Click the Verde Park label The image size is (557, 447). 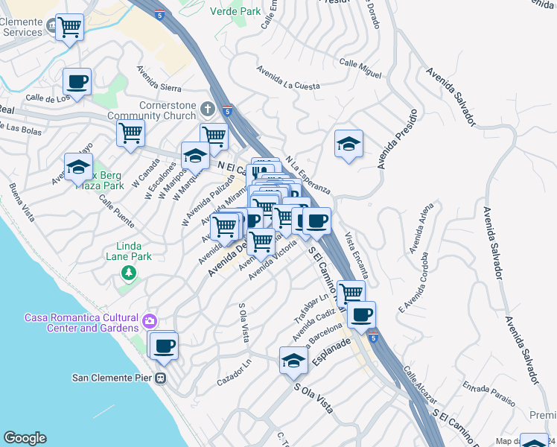236,11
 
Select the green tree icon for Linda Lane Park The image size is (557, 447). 130,275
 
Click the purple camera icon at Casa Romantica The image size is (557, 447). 150,322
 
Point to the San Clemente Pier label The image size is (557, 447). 112,377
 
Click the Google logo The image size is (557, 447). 25,438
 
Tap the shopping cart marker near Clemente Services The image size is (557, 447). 69,28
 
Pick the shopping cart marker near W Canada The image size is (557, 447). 130,133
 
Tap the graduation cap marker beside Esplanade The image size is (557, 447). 294,361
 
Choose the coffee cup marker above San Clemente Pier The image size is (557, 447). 164,345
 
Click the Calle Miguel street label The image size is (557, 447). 360,64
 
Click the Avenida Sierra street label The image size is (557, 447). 159,78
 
